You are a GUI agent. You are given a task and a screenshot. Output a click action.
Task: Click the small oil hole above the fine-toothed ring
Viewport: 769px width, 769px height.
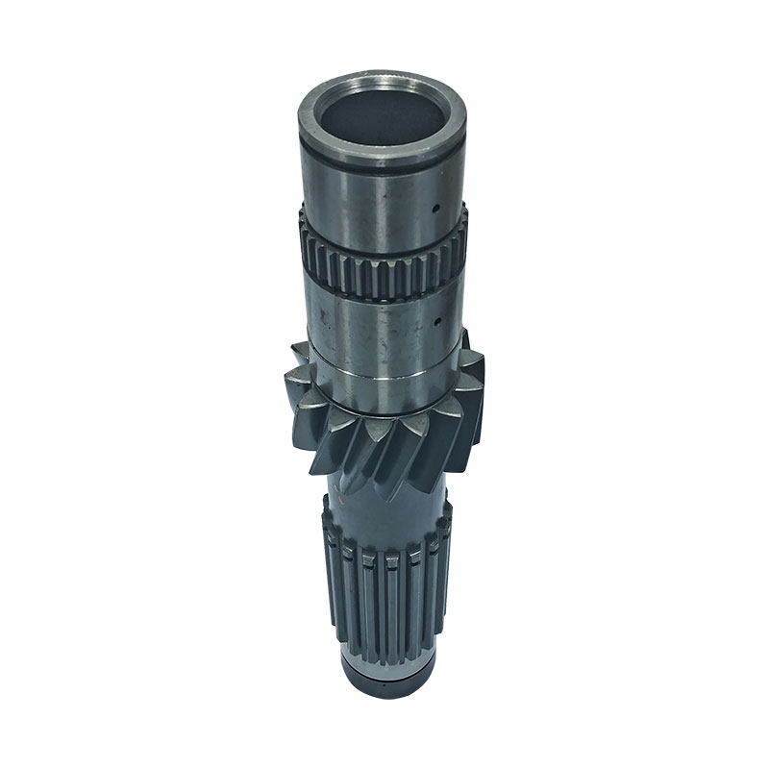coord(434,205)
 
